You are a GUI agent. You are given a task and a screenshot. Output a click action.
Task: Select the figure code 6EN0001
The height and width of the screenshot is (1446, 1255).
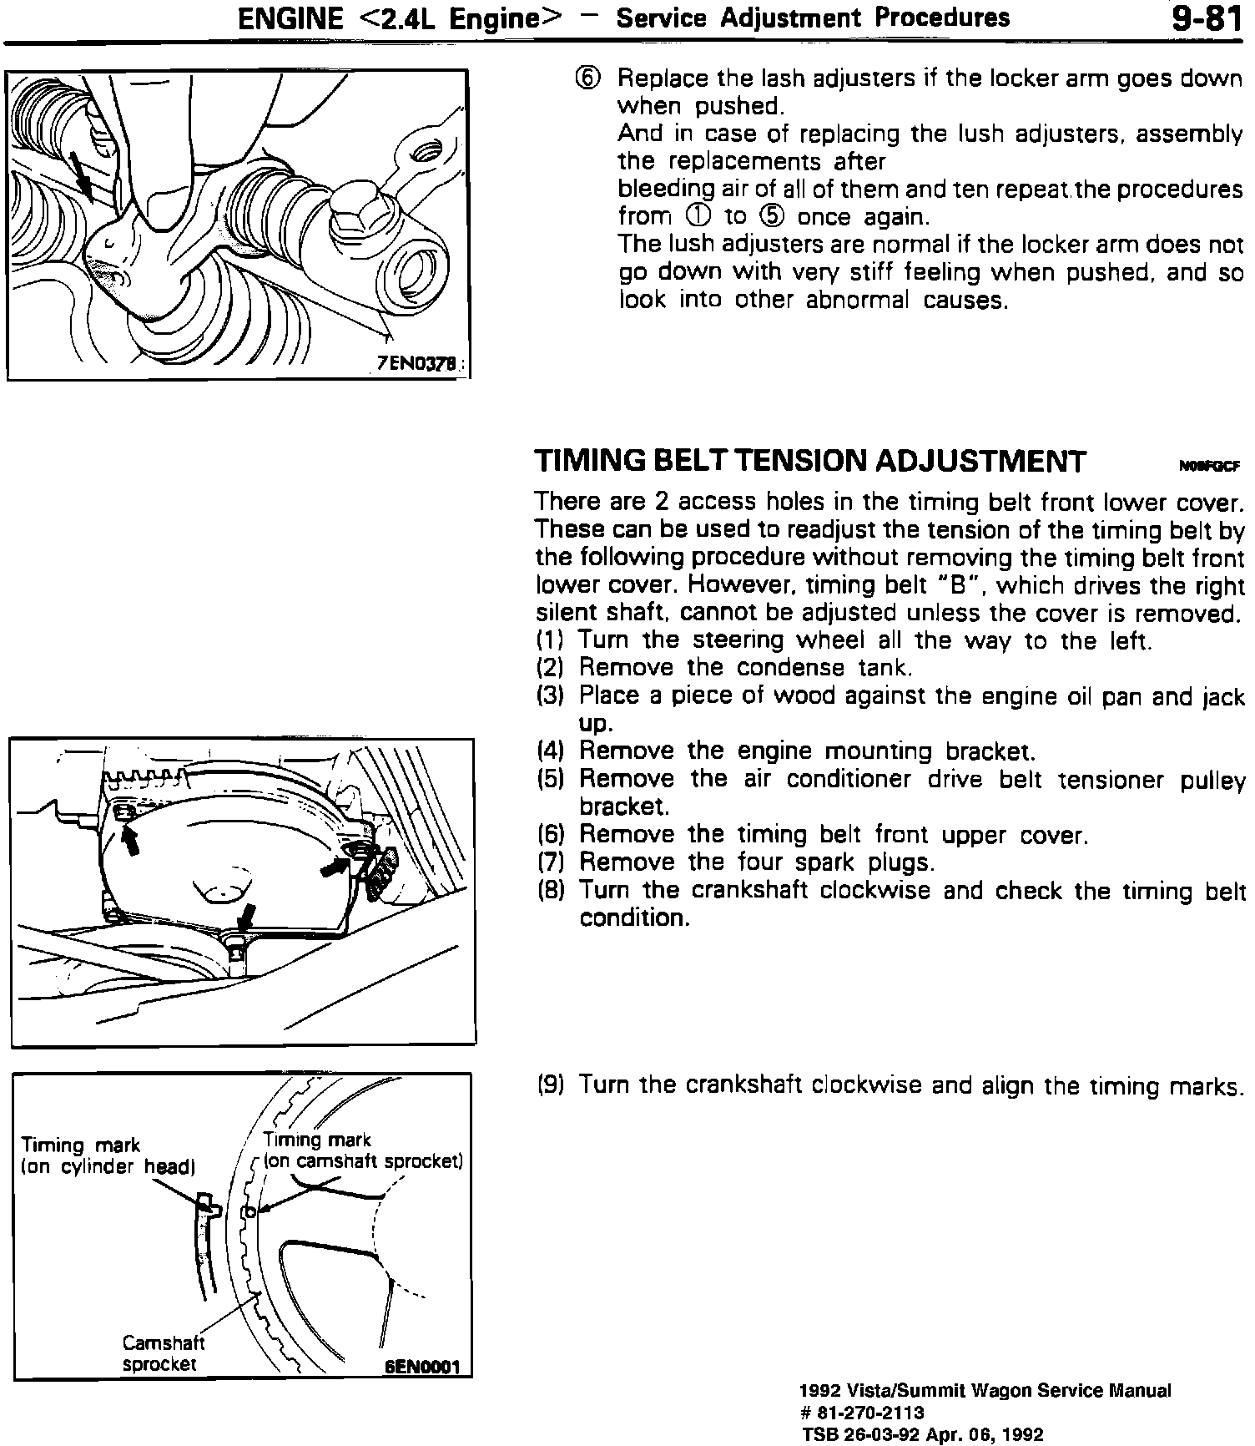click(x=422, y=1369)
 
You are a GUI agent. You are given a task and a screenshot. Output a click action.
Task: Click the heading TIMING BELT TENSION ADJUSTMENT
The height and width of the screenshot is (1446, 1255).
click(x=810, y=461)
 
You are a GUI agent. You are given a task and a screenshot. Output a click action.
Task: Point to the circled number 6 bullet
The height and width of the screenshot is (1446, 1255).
click(x=587, y=78)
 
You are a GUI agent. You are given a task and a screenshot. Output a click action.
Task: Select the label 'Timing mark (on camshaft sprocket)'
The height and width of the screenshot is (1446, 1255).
click(x=363, y=1150)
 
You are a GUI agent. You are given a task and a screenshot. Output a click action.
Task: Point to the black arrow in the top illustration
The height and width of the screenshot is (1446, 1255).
click(x=82, y=174)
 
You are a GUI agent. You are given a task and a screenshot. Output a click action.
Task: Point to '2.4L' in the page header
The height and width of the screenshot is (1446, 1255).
click(x=400, y=18)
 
